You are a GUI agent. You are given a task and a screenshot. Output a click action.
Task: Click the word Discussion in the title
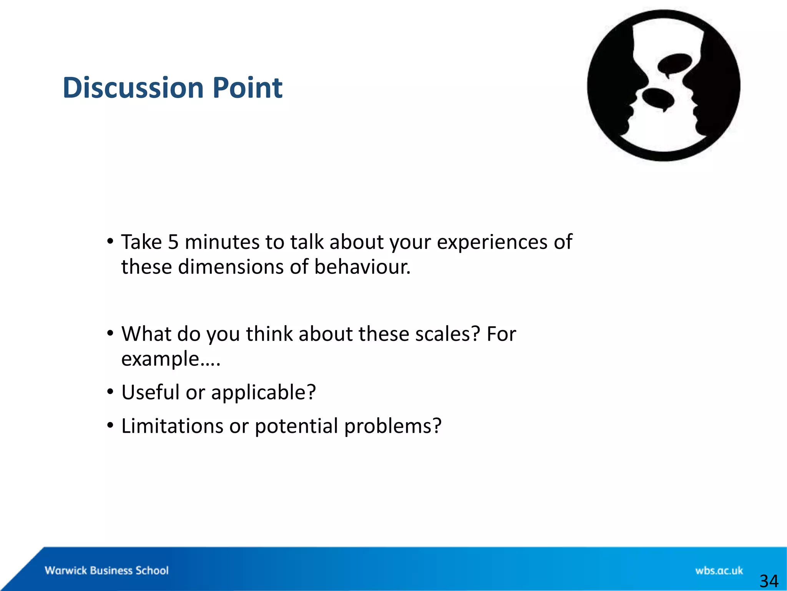click(x=133, y=88)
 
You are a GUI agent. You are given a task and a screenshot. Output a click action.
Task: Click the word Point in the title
click(x=247, y=88)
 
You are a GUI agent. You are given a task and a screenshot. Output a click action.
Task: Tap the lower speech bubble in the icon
click(x=658, y=98)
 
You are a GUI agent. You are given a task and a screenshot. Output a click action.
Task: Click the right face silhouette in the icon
click(x=715, y=85)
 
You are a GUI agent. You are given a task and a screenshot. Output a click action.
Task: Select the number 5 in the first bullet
click(x=173, y=242)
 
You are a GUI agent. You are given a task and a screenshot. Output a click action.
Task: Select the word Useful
click(x=150, y=392)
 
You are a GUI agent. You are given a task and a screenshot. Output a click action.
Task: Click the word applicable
click(x=263, y=393)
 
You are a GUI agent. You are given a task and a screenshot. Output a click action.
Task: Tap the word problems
click(x=392, y=426)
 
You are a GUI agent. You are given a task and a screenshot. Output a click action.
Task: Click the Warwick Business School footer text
click(x=106, y=570)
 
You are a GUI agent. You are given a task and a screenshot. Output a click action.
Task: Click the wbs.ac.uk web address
click(x=719, y=570)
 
